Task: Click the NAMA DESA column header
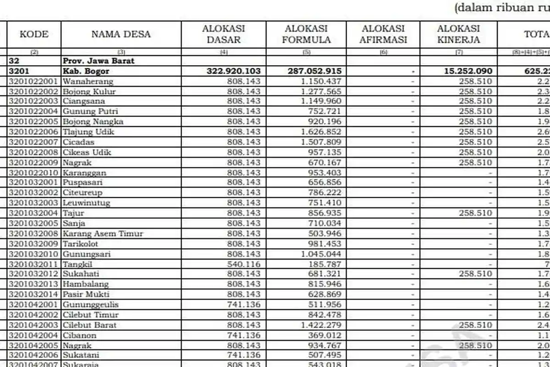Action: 121,34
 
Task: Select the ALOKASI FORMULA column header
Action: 306,34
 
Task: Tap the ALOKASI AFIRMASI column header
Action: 383,34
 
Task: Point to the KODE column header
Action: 34,34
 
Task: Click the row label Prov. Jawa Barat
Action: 99,61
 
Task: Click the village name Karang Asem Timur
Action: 103,234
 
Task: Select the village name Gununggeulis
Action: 91,305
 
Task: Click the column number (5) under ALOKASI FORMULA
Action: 306,52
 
